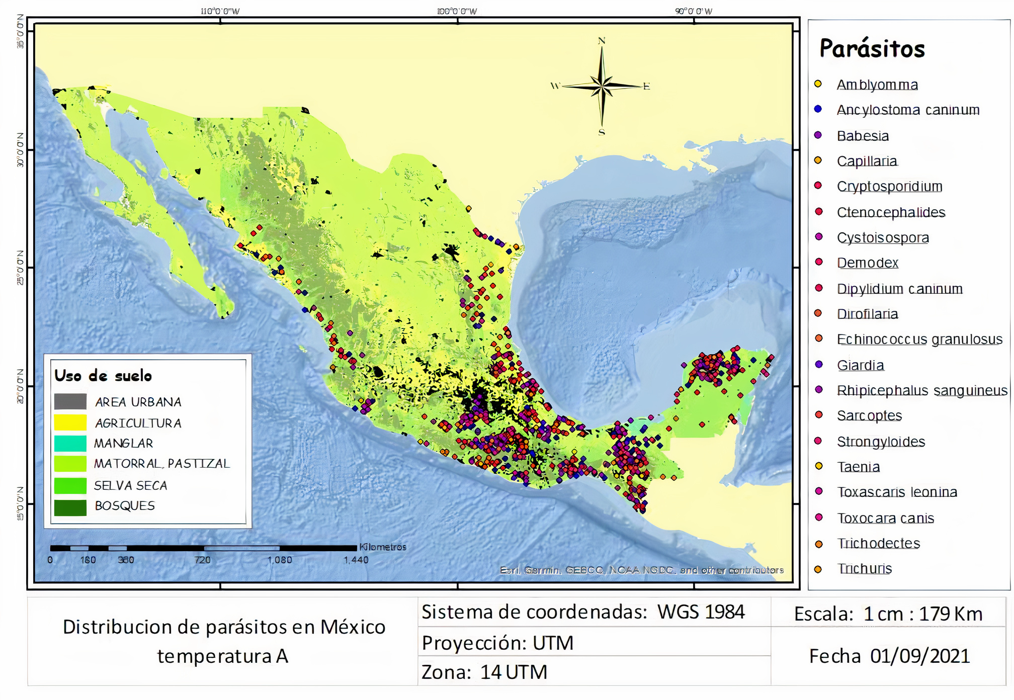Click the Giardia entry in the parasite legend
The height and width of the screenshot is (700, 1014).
click(860, 365)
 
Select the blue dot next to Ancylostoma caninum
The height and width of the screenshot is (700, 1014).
click(818, 109)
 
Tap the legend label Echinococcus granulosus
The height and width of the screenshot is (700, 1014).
click(919, 339)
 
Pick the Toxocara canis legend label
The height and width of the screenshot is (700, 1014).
click(885, 518)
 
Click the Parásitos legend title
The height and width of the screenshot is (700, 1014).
click(872, 49)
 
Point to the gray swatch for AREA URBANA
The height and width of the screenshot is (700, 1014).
click(70, 401)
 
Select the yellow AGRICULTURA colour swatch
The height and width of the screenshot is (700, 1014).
click(70, 422)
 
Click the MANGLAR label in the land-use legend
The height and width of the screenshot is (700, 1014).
click(123, 444)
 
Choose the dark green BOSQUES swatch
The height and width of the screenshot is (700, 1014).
click(70, 507)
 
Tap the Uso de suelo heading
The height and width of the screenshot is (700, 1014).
click(103, 376)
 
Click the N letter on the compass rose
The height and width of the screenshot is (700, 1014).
click(602, 41)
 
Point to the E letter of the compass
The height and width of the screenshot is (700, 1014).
click(646, 86)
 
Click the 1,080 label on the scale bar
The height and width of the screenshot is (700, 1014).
click(280, 560)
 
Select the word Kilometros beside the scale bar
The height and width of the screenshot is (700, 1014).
click(382, 547)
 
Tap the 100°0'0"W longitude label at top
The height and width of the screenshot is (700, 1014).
click(457, 11)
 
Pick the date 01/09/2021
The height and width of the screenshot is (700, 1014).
click(920, 656)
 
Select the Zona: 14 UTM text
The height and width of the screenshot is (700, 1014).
click(484, 672)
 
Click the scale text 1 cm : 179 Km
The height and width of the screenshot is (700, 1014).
click(923, 614)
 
